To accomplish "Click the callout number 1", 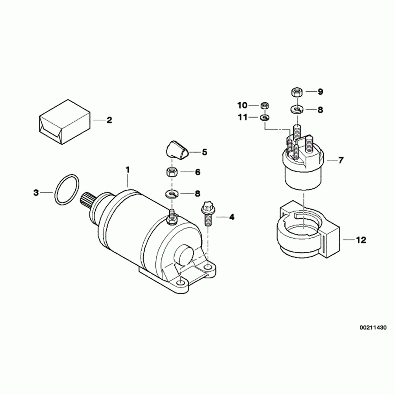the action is (x=128, y=170).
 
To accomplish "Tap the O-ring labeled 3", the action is (x=67, y=190).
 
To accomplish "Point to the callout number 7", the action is (x=341, y=160).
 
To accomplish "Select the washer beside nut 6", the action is (x=172, y=194).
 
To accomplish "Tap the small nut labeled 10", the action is (x=264, y=106).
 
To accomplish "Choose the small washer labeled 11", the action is (x=264, y=117).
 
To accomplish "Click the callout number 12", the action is (x=361, y=240).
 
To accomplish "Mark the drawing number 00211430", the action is (x=373, y=328).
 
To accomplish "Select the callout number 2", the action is (x=109, y=120).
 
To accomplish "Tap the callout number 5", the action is (x=204, y=152).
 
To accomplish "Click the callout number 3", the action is (x=36, y=193).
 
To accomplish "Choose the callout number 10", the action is (x=242, y=106).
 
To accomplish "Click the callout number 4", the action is (x=231, y=217).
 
